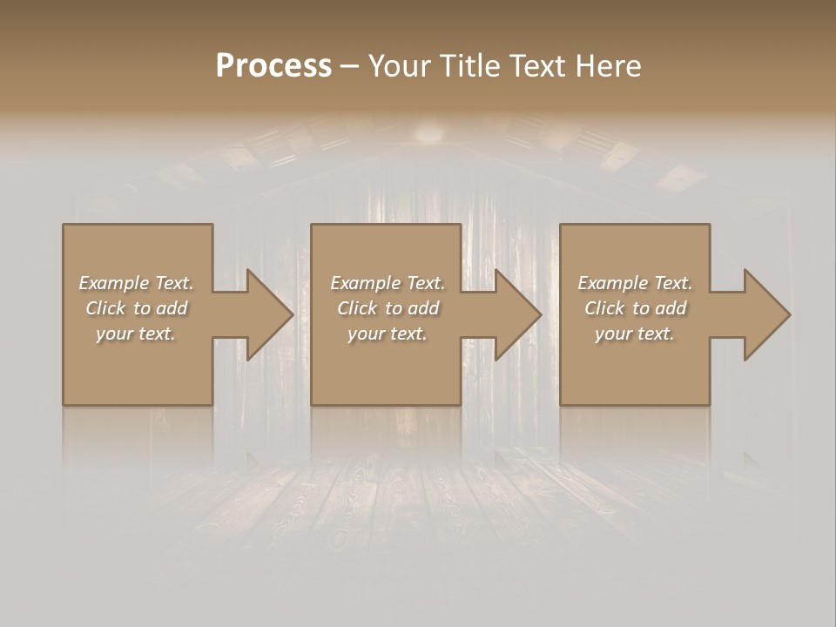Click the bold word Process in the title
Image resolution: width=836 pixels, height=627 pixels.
coord(273,66)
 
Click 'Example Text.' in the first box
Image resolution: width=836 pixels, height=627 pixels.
coord(136,283)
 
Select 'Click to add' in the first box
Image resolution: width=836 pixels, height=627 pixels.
coord(136,308)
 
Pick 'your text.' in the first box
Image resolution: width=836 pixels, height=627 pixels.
coord(136,334)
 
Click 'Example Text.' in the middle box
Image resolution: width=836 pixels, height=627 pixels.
coord(388,283)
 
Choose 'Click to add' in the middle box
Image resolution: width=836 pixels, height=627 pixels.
coord(388,308)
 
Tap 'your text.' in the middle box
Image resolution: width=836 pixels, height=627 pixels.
coord(388,334)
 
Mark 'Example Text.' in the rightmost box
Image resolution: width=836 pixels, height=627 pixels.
coord(635,283)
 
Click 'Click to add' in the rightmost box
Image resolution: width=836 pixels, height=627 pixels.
coord(635,308)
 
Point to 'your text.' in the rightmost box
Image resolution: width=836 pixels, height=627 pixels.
coord(635,334)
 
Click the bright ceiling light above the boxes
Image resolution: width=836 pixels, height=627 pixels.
coord(428,132)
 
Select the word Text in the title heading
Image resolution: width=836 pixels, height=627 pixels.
coord(532,66)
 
